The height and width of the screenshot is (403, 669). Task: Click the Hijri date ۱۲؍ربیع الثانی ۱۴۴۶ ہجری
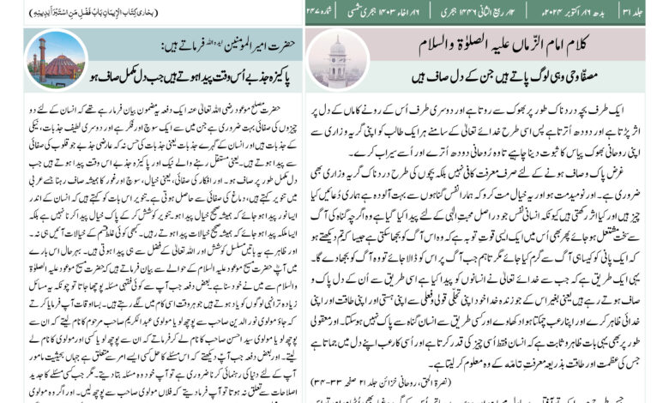498,11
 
